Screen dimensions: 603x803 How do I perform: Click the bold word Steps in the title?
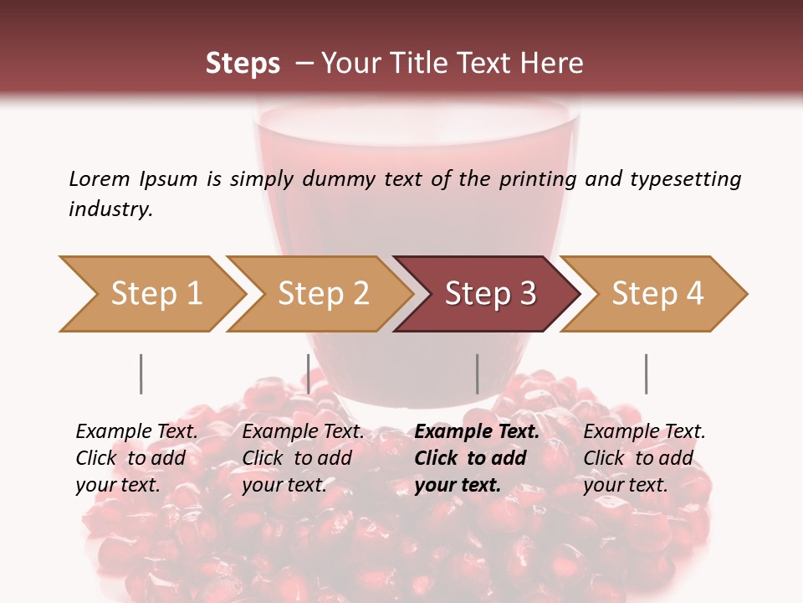point(243,64)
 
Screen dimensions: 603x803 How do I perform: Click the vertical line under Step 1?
point(141,374)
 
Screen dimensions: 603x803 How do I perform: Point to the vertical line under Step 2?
point(309,374)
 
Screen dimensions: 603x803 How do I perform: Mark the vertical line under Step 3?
point(477,374)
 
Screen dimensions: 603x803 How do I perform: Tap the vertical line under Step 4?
point(646,374)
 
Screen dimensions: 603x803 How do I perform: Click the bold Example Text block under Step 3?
point(477,458)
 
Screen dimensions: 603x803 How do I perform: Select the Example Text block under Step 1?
point(136,458)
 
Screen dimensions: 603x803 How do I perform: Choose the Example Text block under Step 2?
point(303,458)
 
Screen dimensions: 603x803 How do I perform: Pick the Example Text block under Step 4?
point(644,458)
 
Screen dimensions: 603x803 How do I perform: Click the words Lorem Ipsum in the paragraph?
point(133,179)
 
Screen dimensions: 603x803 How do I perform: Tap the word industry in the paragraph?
point(110,209)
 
